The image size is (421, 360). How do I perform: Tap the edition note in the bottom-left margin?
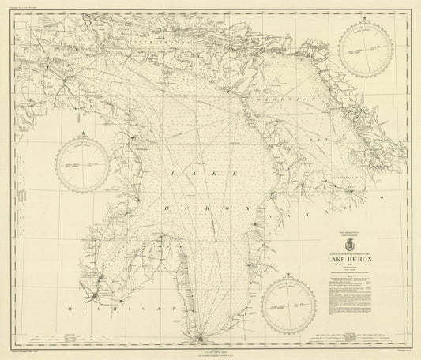coord(32,353)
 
